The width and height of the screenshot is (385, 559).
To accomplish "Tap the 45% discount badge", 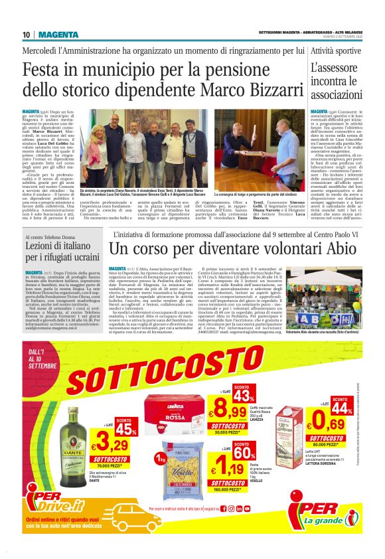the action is [x=125, y=428].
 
